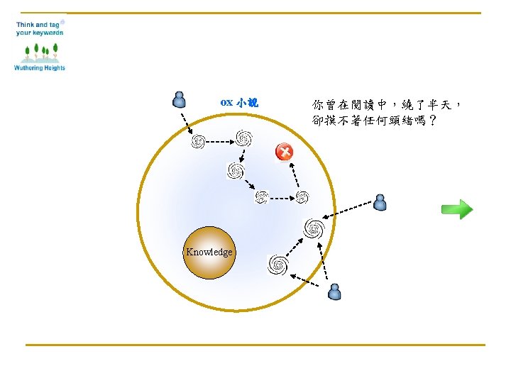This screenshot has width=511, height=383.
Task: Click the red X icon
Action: [x=284, y=152]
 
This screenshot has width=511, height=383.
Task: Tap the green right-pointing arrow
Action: [x=456, y=209]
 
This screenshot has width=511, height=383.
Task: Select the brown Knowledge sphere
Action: [x=209, y=252]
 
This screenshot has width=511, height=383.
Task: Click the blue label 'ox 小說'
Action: [x=239, y=103]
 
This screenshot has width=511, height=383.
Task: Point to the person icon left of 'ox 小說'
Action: [x=180, y=99]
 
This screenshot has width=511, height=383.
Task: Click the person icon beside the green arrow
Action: [x=380, y=203]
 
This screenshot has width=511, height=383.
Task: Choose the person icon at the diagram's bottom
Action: [x=335, y=292]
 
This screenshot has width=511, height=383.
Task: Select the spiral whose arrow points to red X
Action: [x=302, y=196]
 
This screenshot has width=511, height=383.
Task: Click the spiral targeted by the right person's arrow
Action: [x=314, y=228]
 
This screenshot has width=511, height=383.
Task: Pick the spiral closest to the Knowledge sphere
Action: [x=278, y=265]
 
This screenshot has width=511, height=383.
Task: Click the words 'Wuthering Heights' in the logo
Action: [x=40, y=68]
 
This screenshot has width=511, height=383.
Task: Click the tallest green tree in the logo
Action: [x=55, y=50]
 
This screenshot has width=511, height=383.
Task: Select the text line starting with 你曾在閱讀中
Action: [x=388, y=104]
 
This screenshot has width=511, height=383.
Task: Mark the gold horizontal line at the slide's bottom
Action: [x=255, y=345]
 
